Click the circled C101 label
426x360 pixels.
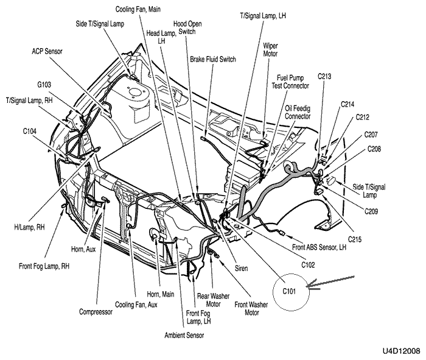[289, 292]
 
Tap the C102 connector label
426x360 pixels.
[308, 264]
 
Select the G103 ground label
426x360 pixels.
[44, 85]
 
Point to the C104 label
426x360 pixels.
[30, 132]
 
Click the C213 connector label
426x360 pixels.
[324, 76]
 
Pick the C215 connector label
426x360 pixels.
[355, 239]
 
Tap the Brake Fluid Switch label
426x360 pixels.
[213, 59]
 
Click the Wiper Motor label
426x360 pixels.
[270, 50]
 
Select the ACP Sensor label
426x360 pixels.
[47, 51]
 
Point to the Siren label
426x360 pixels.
[241, 269]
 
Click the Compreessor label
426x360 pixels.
[96, 312]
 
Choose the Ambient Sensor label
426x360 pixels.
[184, 335]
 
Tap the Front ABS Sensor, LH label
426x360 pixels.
[319, 247]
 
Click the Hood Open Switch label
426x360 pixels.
[187, 28]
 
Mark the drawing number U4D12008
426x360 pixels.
[402, 351]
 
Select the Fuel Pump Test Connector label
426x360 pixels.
[290, 82]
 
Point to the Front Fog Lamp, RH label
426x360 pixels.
[44, 266]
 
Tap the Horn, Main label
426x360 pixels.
[160, 294]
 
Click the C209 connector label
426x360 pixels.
[371, 211]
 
